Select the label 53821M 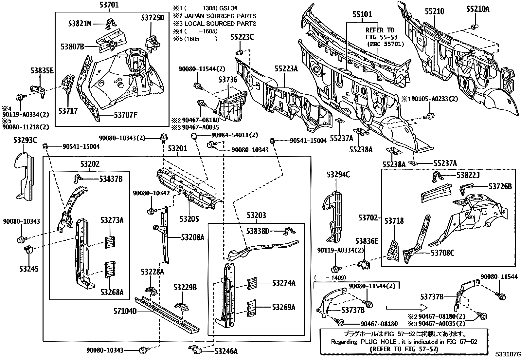pos(80,23)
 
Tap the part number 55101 pos(362,14)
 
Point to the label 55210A pos(477,9)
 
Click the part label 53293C pos(25,140)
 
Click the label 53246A pos(226,351)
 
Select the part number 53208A pos(192,237)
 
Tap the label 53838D pos(258,232)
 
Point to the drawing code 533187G pos(507,354)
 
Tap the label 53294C pos(338,175)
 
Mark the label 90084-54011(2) pos(235,135)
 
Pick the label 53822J pos(468,175)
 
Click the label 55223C pos(242,37)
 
